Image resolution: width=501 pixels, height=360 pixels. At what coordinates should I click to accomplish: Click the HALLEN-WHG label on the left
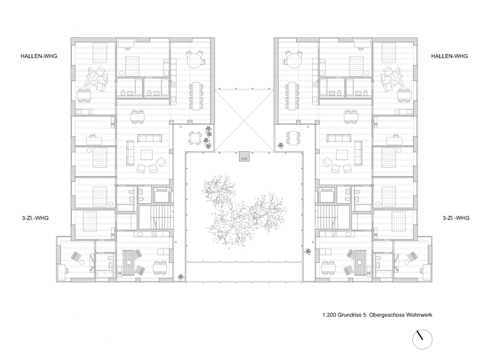pos(39,56)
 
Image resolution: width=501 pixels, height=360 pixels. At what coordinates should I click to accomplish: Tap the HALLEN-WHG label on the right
pos(449,56)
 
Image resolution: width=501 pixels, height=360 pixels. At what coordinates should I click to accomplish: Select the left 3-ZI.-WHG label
pos(35,218)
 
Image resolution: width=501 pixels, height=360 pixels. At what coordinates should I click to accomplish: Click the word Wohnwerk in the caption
pos(419,315)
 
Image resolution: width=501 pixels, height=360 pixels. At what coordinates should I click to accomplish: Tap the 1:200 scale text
pos(329,315)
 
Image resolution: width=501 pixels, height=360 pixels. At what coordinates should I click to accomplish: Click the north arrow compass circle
pos(422,339)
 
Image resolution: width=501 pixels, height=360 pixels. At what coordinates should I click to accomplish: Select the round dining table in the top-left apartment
pos(194,60)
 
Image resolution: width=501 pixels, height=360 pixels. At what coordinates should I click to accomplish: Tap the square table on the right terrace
pos(294,138)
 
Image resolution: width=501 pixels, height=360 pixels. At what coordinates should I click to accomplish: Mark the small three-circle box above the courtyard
pos(245,157)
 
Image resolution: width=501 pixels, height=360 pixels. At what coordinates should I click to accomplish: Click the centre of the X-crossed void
pos(245,120)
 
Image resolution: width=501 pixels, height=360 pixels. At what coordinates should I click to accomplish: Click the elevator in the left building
pos(163,195)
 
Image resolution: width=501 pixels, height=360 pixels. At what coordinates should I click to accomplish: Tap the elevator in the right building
pos(326,195)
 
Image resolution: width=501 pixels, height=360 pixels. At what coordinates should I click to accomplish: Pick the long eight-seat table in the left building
pos(196,94)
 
